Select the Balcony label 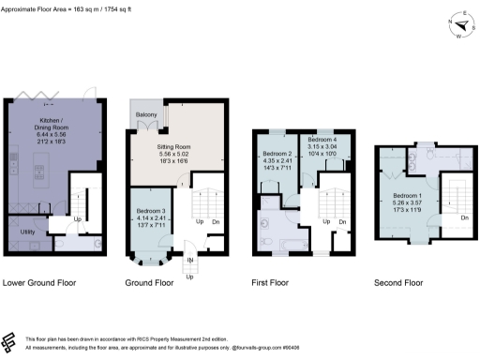(146, 115)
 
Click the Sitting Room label (174, 148)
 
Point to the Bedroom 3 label (150, 212)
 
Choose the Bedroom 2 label (277, 153)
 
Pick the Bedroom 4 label (322, 140)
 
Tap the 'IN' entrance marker (189, 260)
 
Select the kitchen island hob (40, 172)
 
